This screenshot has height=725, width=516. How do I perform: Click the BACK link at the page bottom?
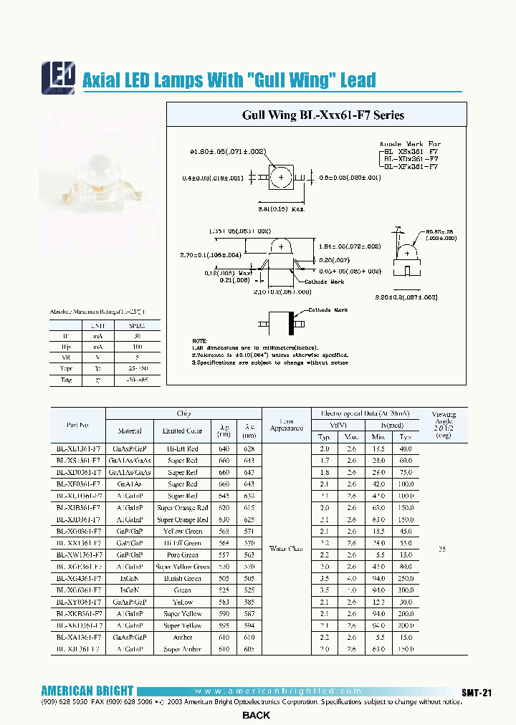coord(256,715)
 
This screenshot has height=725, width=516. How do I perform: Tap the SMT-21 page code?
coord(476,692)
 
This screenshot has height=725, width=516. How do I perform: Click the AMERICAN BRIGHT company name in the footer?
coord(87,691)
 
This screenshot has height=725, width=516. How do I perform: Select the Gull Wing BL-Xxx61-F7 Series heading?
coord(322,115)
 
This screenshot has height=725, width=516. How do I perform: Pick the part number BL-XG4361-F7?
coord(78,578)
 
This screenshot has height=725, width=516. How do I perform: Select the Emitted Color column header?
coord(182,431)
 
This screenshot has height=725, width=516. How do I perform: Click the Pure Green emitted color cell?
coord(182,554)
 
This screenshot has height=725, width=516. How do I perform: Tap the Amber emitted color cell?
coord(182,637)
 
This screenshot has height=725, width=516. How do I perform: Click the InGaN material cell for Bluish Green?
coord(130,578)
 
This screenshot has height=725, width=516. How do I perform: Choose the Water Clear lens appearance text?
coord(286,549)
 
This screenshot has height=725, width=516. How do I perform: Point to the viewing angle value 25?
coord(442,549)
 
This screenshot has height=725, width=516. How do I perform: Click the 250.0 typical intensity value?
coord(406,578)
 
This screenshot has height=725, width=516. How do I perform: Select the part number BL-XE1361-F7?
coord(78,448)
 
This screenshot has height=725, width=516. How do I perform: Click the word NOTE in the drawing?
coord(199,340)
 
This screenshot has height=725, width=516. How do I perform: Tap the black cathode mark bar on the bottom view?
coord(292,322)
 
